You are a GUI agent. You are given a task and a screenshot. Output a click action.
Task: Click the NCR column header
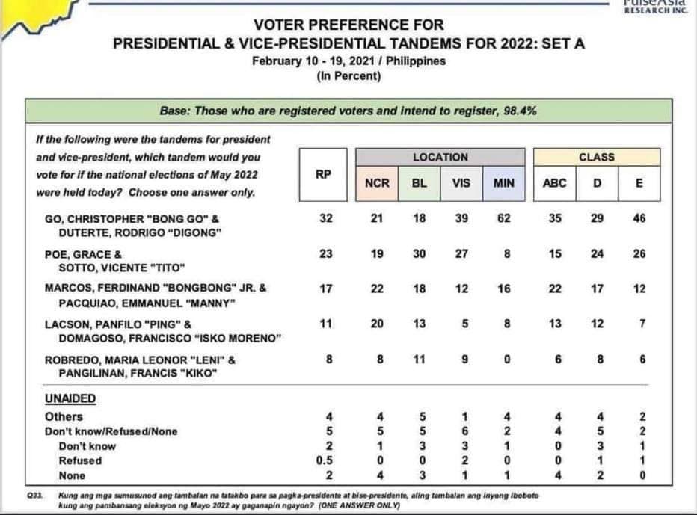377,184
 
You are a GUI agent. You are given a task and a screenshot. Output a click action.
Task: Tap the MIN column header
503,184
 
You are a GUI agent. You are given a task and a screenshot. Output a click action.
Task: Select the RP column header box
323,175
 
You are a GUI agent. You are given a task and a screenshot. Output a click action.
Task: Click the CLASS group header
597,157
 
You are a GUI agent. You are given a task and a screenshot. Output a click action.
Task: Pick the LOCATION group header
440,157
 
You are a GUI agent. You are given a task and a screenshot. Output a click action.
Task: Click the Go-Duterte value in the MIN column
503,218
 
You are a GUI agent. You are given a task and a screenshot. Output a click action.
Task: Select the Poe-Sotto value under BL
420,253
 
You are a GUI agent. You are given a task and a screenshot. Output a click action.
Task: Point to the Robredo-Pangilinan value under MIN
507,359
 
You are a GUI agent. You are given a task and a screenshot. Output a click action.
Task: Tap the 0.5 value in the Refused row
325,460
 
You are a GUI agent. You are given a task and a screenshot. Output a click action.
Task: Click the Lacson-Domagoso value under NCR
377,324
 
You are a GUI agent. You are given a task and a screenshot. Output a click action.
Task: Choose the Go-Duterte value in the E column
639,218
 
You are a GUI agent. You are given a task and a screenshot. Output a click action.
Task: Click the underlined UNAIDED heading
70,398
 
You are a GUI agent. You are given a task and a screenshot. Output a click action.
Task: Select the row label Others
64,417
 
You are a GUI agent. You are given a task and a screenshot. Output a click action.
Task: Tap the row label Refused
80,460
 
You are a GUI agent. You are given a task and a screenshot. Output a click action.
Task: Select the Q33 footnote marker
34,495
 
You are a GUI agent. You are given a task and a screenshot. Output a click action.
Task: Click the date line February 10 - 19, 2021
310,61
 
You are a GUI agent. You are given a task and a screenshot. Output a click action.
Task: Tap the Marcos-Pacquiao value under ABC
555,289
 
